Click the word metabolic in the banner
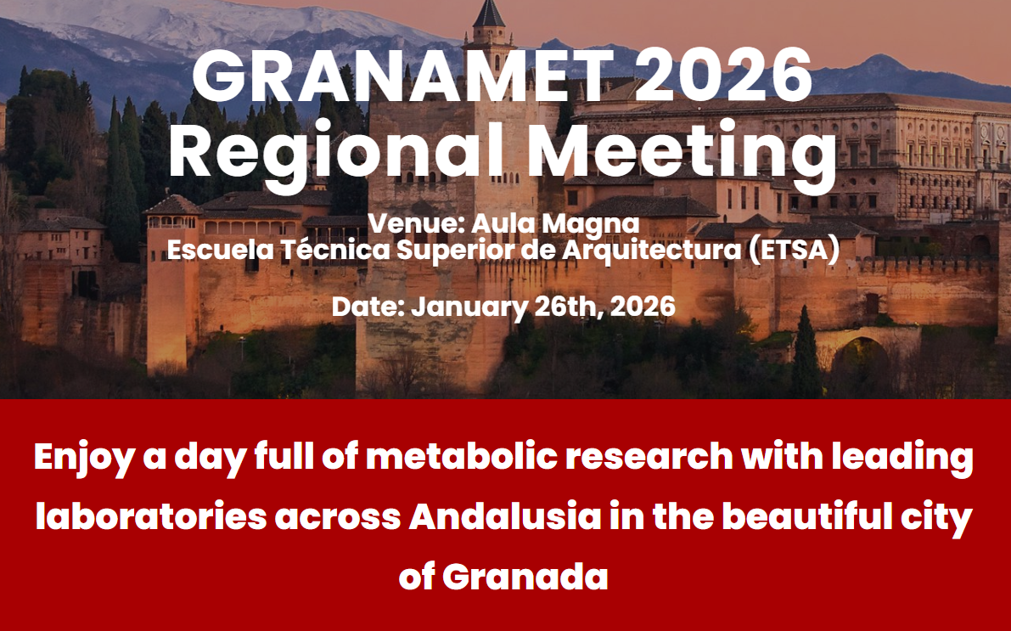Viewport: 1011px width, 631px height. (462, 456)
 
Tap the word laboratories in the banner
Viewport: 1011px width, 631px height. (151, 516)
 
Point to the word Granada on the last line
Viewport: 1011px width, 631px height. (525, 576)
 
